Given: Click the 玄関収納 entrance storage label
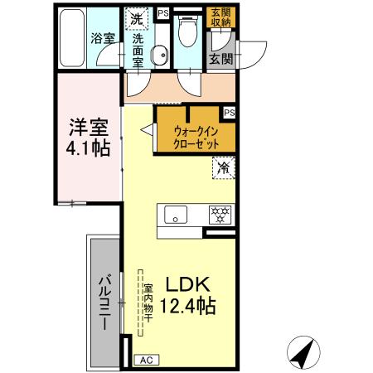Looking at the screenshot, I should coord(221,17).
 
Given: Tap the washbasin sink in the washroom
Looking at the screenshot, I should coord(160,55).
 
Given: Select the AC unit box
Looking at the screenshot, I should coord(145,359).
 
